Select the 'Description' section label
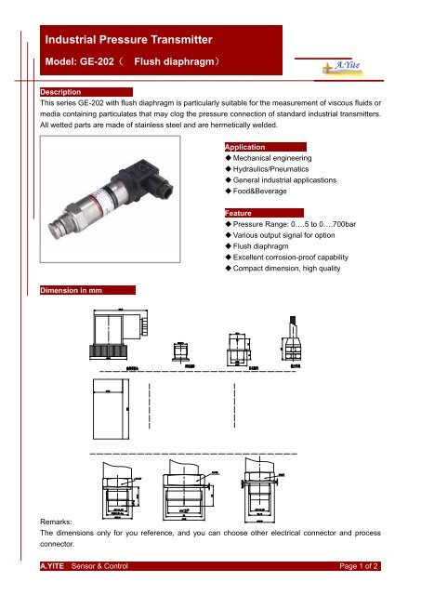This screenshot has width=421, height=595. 59,93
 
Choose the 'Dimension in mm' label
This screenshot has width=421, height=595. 71,291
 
